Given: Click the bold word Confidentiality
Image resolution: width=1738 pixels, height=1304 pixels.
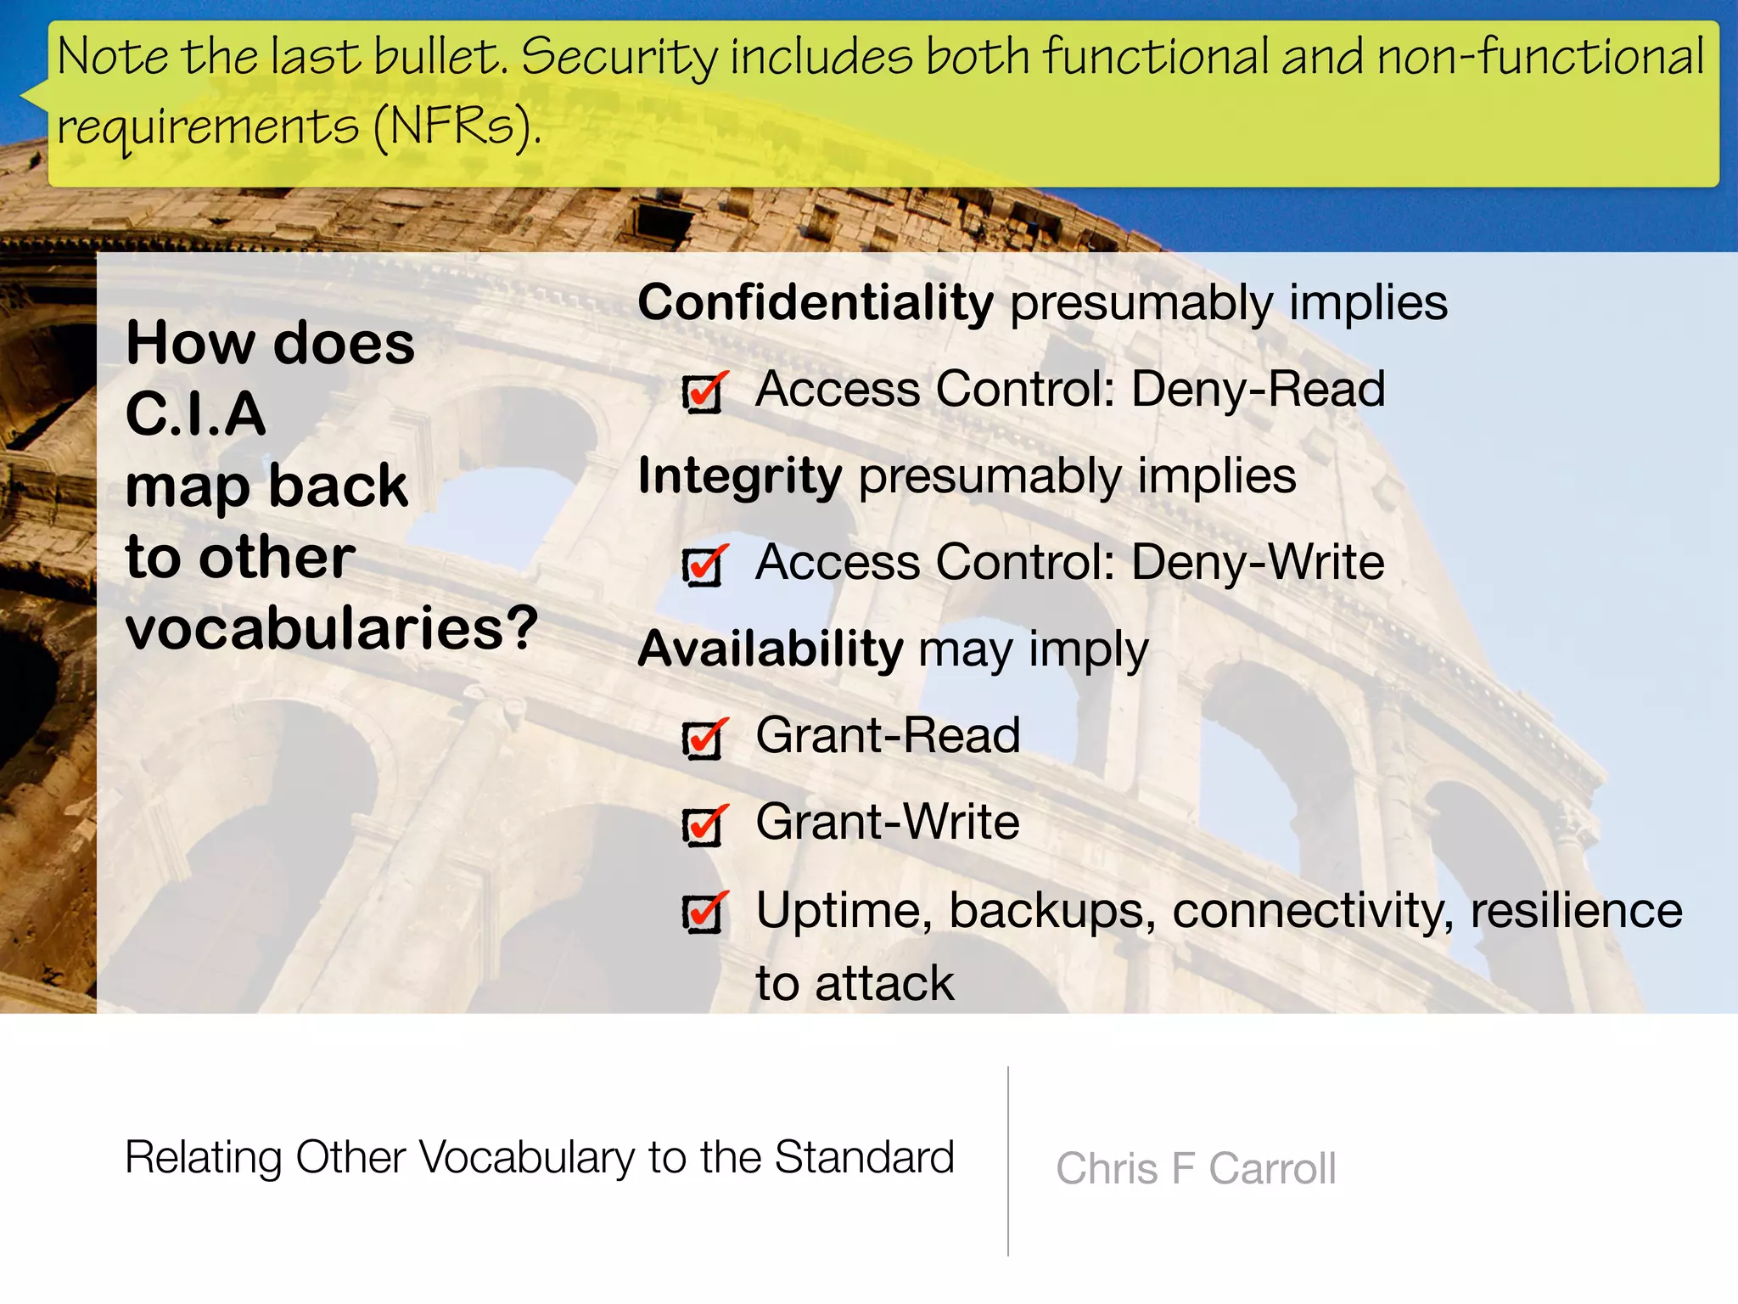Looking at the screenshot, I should pyautogui.click(x=815, y=303).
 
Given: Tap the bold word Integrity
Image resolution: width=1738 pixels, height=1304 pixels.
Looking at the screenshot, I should pyautogui.click(x=740, y=476).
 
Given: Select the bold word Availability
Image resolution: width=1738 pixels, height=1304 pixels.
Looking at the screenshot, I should pyautogui.click(x=771, y=649).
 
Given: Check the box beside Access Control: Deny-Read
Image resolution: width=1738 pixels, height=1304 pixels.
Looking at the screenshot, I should pyautogui.click(x=703, y=393).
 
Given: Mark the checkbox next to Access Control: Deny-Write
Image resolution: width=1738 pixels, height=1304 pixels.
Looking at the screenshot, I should pyautogui.click(x=703, y=566).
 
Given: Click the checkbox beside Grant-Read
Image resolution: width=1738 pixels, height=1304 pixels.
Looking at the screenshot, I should pyautogui.click(x=703, y=739).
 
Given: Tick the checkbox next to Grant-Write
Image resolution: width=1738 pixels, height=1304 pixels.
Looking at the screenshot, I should pyautogui.click(x=703, y=826).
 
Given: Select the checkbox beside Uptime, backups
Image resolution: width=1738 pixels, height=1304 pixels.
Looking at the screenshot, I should pyautogui.click(x=703, y=913).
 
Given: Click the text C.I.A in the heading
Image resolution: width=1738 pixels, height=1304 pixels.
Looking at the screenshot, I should pyautogui.click(x=196, y=414).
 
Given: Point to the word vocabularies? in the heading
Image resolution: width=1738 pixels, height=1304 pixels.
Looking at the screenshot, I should pyautogui.click(x=332, y=628).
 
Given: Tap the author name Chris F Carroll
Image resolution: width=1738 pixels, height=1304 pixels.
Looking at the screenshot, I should pyautogui.click(x=1196, y=1168).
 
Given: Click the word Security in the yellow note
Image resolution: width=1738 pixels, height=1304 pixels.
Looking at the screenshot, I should pyautogui.click(x=620, y=58).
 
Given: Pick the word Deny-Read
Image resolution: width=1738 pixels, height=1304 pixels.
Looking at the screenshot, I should pyautogui.click(x=1258, y=390).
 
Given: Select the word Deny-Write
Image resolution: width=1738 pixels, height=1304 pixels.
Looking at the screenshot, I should pyautogui.click(x=1258, y=563).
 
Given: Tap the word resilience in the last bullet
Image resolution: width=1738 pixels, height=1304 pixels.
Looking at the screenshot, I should pyautogui.click(x=1576, y=910).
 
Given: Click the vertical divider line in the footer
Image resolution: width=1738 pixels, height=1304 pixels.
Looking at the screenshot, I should pyautogui.click(x=1008, y=1161).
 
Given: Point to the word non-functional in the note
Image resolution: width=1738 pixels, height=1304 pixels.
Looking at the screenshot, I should pyautogui.click(x=1540, y=58).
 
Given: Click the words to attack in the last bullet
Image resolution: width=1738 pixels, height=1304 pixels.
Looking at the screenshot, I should pyautogui.click(x=855, y=983).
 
